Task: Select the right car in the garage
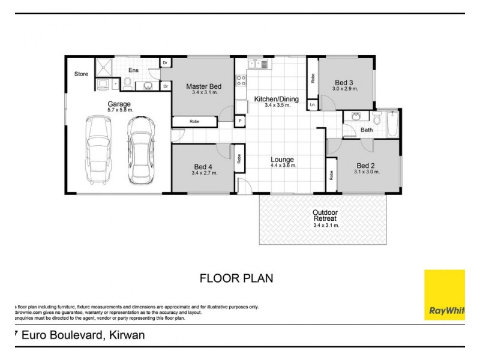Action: [x=139, y=151]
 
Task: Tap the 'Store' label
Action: [x=81, y=74]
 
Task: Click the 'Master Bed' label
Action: [x=203, y=86]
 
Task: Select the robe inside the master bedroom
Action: [x=194, y=122]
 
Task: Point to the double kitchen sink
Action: [x=256, y=62]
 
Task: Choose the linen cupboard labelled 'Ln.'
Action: [x=313, y=104]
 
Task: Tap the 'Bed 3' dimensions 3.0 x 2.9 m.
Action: [x=344, y=89]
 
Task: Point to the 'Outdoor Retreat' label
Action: [x=325, y=216]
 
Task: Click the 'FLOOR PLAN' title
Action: [x=236, y=278]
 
